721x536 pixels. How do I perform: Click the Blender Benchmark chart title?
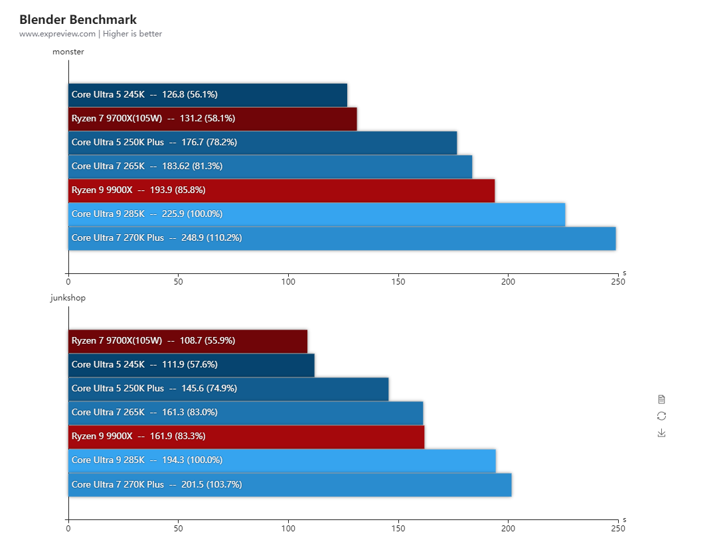[x=78, y=20]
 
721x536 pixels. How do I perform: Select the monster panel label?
[x=68, y=52]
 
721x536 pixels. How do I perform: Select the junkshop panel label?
[x=68, y=298]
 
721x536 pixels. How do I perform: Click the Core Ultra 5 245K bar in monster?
[x=208, y=95]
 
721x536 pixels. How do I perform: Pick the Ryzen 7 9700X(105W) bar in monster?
[x=212, y=119]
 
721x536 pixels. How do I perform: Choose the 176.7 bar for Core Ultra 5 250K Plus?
[x=262, y=143]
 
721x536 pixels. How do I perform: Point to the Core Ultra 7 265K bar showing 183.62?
[x=270, y=167]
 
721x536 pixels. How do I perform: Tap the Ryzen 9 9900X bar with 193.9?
[x=281, y=190]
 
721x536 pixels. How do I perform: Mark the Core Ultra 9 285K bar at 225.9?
[x=317, y=214]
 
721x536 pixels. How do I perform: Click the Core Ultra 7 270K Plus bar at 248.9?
[x=342, y=238]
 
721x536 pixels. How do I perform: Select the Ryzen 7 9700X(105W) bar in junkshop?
[x=188, y=341]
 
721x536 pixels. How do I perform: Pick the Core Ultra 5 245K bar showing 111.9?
[x=191, y=365]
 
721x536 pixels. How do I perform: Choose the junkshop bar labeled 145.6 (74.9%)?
[x=228, y=389]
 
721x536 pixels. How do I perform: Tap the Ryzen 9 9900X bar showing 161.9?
[x=246, y=436]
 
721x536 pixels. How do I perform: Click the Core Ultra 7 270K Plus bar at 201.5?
[x=290, y=485]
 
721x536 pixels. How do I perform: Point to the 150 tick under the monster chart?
[x=398, y=282]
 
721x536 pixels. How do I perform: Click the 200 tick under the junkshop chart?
[x=508, y=529]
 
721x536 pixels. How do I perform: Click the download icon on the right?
[x=661, y=433]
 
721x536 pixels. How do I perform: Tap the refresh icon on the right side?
[x=661, y=416]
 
